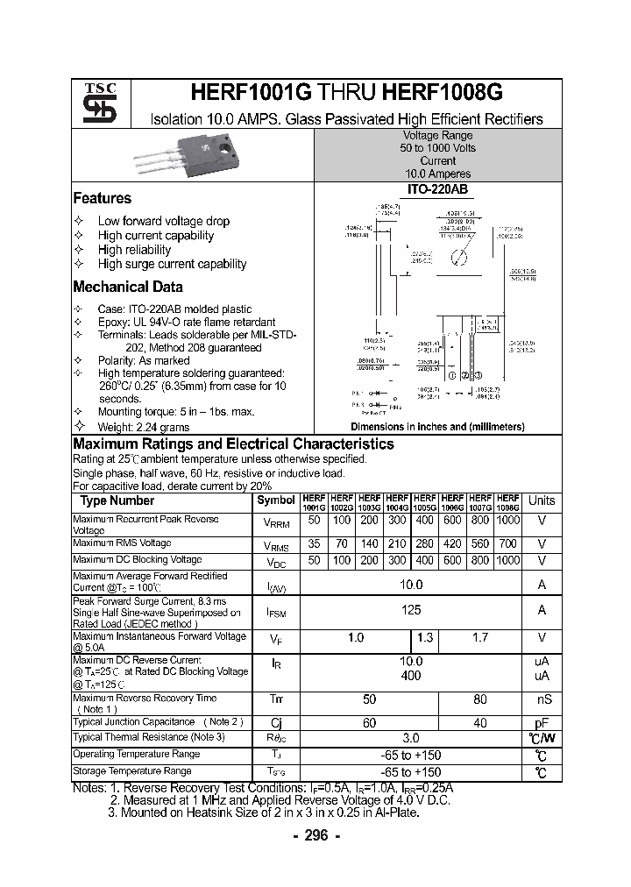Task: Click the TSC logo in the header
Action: click(94, 104)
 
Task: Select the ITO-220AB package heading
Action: click(437, 189)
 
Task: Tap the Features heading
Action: click(103, 198)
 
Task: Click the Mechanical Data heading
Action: click(128, 287)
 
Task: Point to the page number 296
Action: click(315, 836)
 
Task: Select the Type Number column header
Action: click(117, 501)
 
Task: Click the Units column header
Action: click(542, 501)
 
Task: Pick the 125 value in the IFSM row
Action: click(411, 610)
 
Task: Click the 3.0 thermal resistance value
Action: click(411, 739)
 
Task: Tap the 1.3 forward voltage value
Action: click(425, 637)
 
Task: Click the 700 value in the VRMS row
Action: click(508, 544)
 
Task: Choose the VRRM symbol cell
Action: click(276, 523)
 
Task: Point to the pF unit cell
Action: click(542, 722)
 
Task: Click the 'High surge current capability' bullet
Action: click(172, 264)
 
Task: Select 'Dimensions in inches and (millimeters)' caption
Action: click(437, 427)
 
